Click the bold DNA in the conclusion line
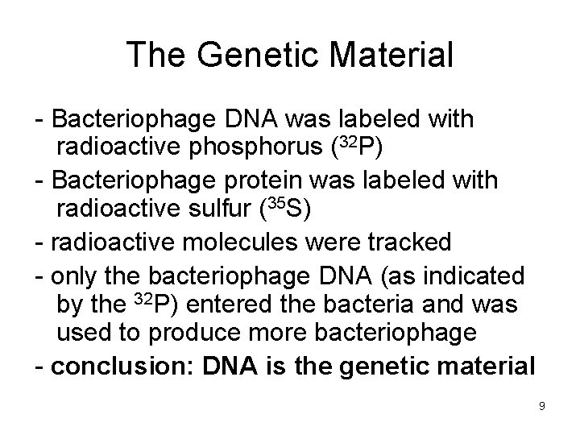[x=230, y=365]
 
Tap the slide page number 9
[x=542, y=406]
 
